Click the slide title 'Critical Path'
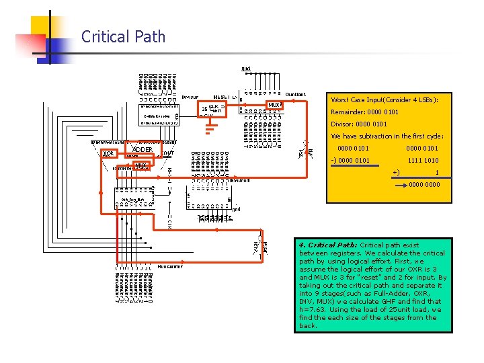pos(123,37)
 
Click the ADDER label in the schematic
pos(142,150)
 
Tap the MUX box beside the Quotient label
pos(276,105)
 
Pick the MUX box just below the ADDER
pos(141,165)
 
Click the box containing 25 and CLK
pos(212,108)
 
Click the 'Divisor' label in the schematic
pos(190,97)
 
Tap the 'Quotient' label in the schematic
pos(296,94)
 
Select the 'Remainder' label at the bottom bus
pos(171,266)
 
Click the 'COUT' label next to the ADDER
pos(169,153)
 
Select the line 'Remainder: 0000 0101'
pos(364,112)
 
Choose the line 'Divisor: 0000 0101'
pos(359,124)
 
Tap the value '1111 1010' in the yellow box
pos(423,161)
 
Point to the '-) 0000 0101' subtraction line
pos(350,161)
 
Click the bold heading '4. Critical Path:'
pos(329,245)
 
